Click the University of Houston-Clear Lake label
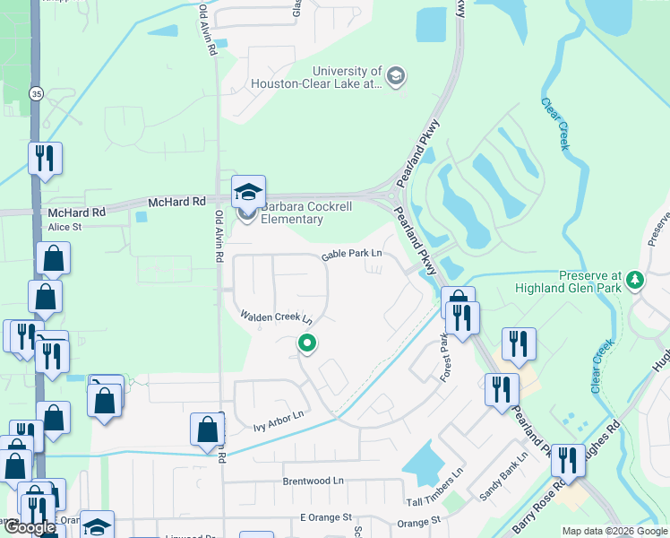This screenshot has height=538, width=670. point(348,77)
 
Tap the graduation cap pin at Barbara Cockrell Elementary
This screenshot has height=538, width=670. point(249,191)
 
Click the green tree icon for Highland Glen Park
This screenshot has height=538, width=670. point(636,281)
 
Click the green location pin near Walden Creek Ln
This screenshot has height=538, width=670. point(307,343)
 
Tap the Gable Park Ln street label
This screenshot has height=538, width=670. point(352,255)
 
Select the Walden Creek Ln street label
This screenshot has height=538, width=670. point(276,317)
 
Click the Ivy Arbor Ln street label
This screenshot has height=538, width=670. point(279,416)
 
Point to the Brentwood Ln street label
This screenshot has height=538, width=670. point(314,481)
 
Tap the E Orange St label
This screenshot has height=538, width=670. point(326,518)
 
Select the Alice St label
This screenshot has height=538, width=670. point(64,228)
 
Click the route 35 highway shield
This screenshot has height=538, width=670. point(36,92)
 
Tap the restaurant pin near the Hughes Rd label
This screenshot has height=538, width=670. point(567,461)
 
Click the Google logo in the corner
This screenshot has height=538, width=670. point(30,528)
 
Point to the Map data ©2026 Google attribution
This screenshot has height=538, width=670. point(614,531)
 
